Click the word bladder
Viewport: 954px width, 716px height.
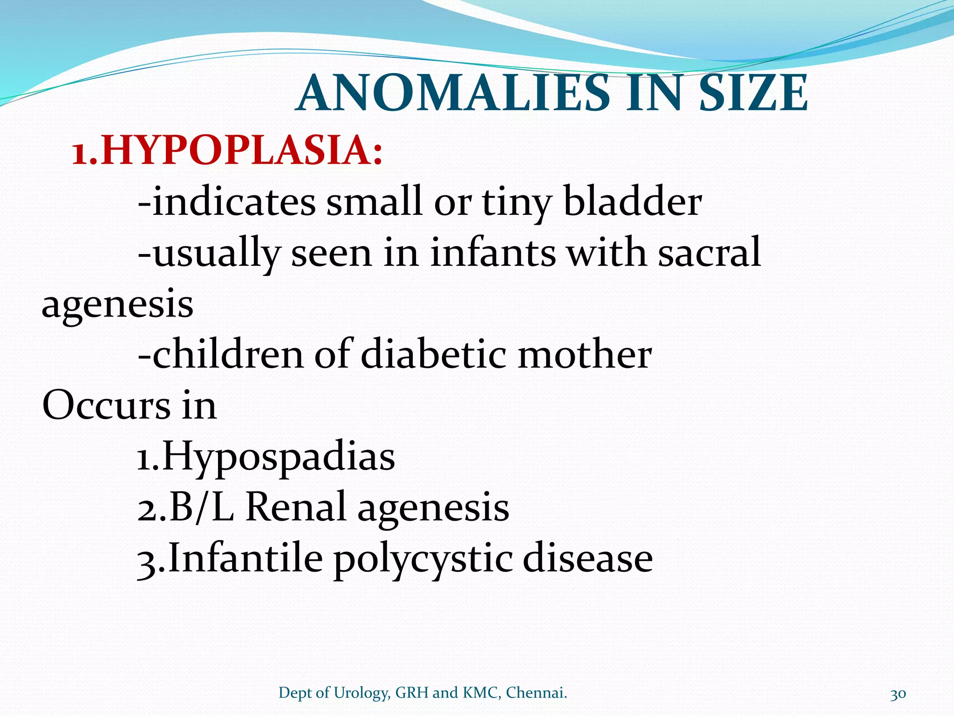click(632, 201)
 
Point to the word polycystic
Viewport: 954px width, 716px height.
click(423, 558)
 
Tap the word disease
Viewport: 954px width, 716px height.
click(587, 558)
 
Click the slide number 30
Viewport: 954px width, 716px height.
click(898, 694)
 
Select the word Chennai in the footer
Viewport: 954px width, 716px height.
click(536, 693)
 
